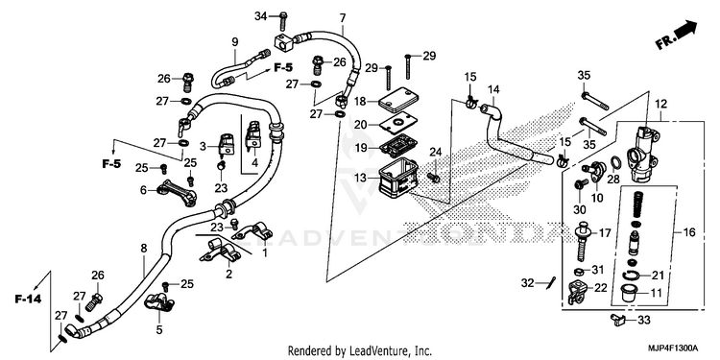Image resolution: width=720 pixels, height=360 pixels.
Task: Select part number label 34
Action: click(261, 17)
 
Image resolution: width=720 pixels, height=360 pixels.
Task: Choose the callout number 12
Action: click(660, 105)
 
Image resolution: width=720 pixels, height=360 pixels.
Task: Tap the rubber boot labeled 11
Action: click(630, 293)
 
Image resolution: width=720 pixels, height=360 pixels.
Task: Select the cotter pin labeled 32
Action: click(552, 283)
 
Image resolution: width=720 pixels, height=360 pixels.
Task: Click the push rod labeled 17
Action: click(584, 240)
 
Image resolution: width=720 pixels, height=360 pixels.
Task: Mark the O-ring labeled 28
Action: click(616, 162)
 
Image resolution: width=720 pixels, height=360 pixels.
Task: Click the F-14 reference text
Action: click(28, 300)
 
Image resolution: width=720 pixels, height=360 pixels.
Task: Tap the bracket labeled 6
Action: click(177, 191)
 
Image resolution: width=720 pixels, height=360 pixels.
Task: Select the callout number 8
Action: click(144, 249)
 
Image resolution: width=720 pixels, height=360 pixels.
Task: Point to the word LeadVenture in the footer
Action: click(372, 351)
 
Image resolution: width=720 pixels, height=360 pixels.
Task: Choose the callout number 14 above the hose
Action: click(493, 88)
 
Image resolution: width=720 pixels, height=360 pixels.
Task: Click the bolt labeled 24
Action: click(433, 176)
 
